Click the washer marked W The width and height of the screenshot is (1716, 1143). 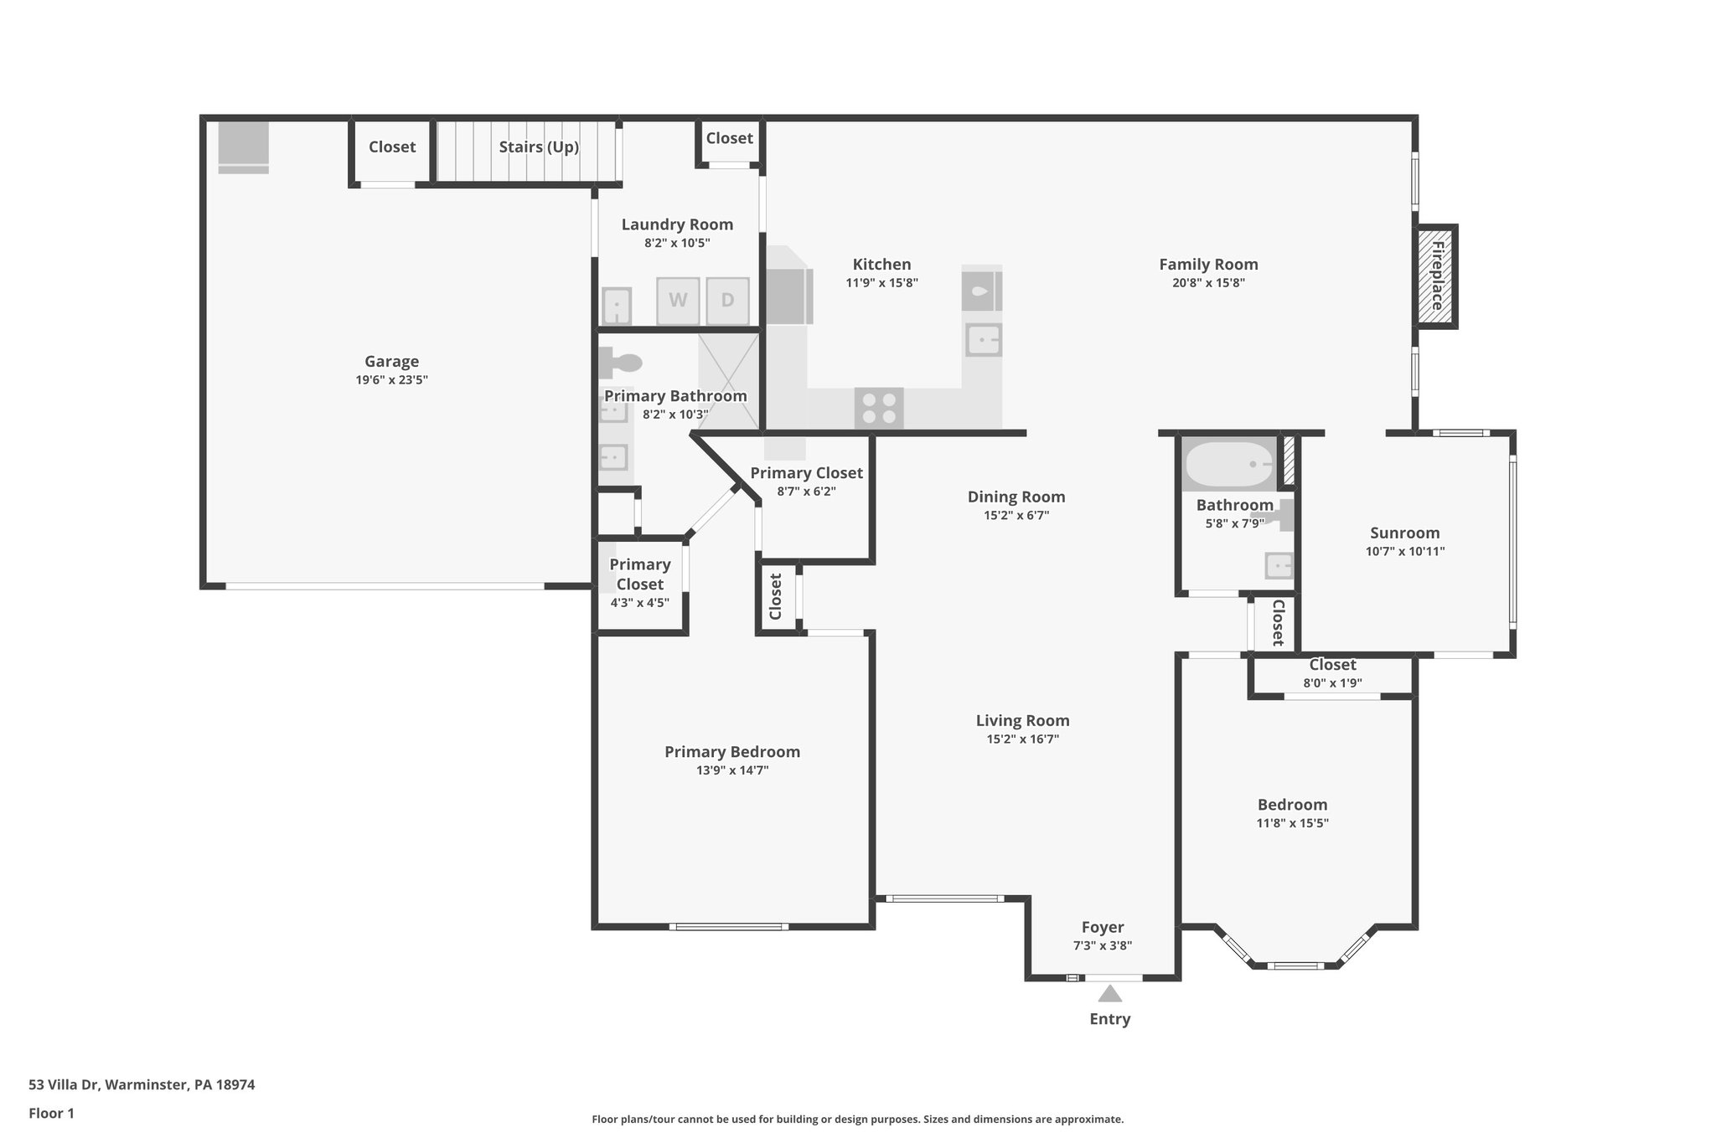coord(678,301)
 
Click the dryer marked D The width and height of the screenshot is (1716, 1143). coord(727,301)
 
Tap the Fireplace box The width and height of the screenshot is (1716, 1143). coord(1436,276)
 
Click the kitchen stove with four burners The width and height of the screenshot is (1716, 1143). coord(879,409)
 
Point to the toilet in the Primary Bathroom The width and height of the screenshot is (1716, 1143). coord(620,363)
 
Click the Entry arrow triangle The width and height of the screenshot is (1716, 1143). coord(1110,993)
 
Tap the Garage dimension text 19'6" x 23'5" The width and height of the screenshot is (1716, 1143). coord(391,380)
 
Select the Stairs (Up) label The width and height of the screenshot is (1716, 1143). coord(539,147)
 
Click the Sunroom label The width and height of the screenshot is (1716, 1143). coord(1405,533)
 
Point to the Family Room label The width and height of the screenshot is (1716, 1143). coord(1208,265)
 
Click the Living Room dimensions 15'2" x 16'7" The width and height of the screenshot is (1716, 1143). coord(1022,739)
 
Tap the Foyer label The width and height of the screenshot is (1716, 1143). coord(1103,927)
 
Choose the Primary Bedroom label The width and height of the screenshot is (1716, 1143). coord(732,752)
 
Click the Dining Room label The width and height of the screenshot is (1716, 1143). coord(1016,497)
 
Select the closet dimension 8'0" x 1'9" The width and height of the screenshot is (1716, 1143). coord(1332,683)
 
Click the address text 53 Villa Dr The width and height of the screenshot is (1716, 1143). coord(65,1084)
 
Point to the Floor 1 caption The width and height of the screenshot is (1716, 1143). coord(51,1113)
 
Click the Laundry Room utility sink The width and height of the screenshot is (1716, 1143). coord(618,306)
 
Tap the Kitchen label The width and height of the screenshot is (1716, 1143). coord(881,265)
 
